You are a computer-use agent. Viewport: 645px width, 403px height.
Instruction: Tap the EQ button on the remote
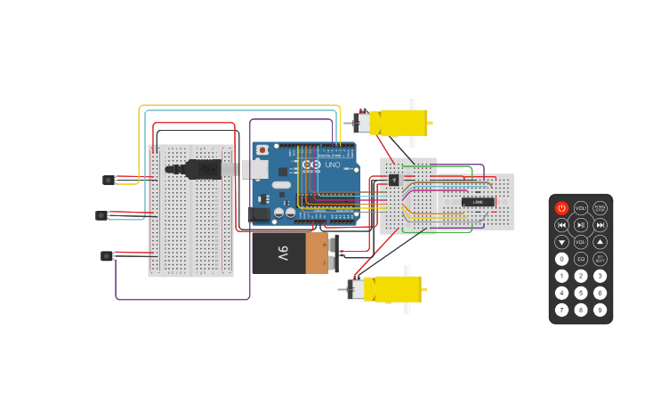click(x=581, y=259)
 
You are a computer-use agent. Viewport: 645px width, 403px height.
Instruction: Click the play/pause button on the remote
click(x=581, y=225)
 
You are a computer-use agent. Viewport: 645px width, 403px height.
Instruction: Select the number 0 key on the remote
click(x=561, y=259)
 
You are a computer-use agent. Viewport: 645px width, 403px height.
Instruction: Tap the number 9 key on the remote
click(x=601, y=310)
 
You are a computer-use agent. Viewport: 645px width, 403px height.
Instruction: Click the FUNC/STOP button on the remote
click(x=601, y=208)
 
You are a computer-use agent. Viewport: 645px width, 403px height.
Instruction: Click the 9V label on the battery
click(x=282, y=253)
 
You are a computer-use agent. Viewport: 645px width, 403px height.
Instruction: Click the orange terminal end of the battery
click(x=317, y=253)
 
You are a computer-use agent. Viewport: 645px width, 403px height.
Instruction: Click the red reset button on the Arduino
click(x=262, y=149)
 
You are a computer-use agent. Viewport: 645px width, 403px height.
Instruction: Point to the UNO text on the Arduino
click(x=332, y=165)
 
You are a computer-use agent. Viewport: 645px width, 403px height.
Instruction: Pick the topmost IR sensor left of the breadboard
click(x=109, y=180)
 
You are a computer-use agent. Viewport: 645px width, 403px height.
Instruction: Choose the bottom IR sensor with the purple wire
click(x=107, y=256)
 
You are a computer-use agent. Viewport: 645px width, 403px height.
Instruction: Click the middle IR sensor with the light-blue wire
click(x=101, y=215)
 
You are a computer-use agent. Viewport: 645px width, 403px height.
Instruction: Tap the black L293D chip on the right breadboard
click(x=478, y=202)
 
